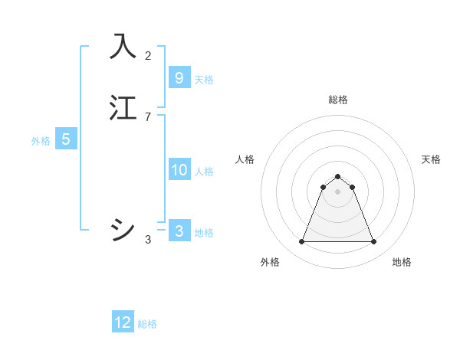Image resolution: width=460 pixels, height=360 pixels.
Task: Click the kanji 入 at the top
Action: [123, 47]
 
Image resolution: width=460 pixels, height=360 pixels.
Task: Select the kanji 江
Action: [123, 108]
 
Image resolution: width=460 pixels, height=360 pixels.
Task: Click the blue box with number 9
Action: [179, 77]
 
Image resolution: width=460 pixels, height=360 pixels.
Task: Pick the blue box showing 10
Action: [179, 170]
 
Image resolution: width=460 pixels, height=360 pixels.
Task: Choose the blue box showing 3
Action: [179, 231]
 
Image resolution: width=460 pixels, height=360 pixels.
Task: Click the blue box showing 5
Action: [66, 139]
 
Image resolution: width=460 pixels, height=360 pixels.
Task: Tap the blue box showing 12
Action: [123, 322]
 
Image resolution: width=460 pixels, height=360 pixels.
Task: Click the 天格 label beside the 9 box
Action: [204, 80]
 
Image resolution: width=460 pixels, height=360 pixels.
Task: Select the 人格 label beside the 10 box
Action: [205, 172]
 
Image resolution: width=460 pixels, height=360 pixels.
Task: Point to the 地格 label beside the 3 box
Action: [204, 233]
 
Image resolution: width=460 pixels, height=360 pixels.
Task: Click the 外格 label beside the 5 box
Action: [41, 141]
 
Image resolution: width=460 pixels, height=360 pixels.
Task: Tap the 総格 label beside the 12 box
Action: [147, 324]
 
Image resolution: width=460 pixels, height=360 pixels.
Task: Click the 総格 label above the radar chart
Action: [338, 100]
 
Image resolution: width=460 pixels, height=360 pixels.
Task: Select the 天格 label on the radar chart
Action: [431, 159]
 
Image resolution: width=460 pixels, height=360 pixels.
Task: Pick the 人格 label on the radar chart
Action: [245, 159]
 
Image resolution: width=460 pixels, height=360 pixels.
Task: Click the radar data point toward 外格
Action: [301, 242]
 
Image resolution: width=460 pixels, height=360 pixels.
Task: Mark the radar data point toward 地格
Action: [374, 242]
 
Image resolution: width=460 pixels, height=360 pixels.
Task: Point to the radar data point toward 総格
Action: [338, 176]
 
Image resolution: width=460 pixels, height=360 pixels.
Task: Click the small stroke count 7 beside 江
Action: [148, 116]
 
